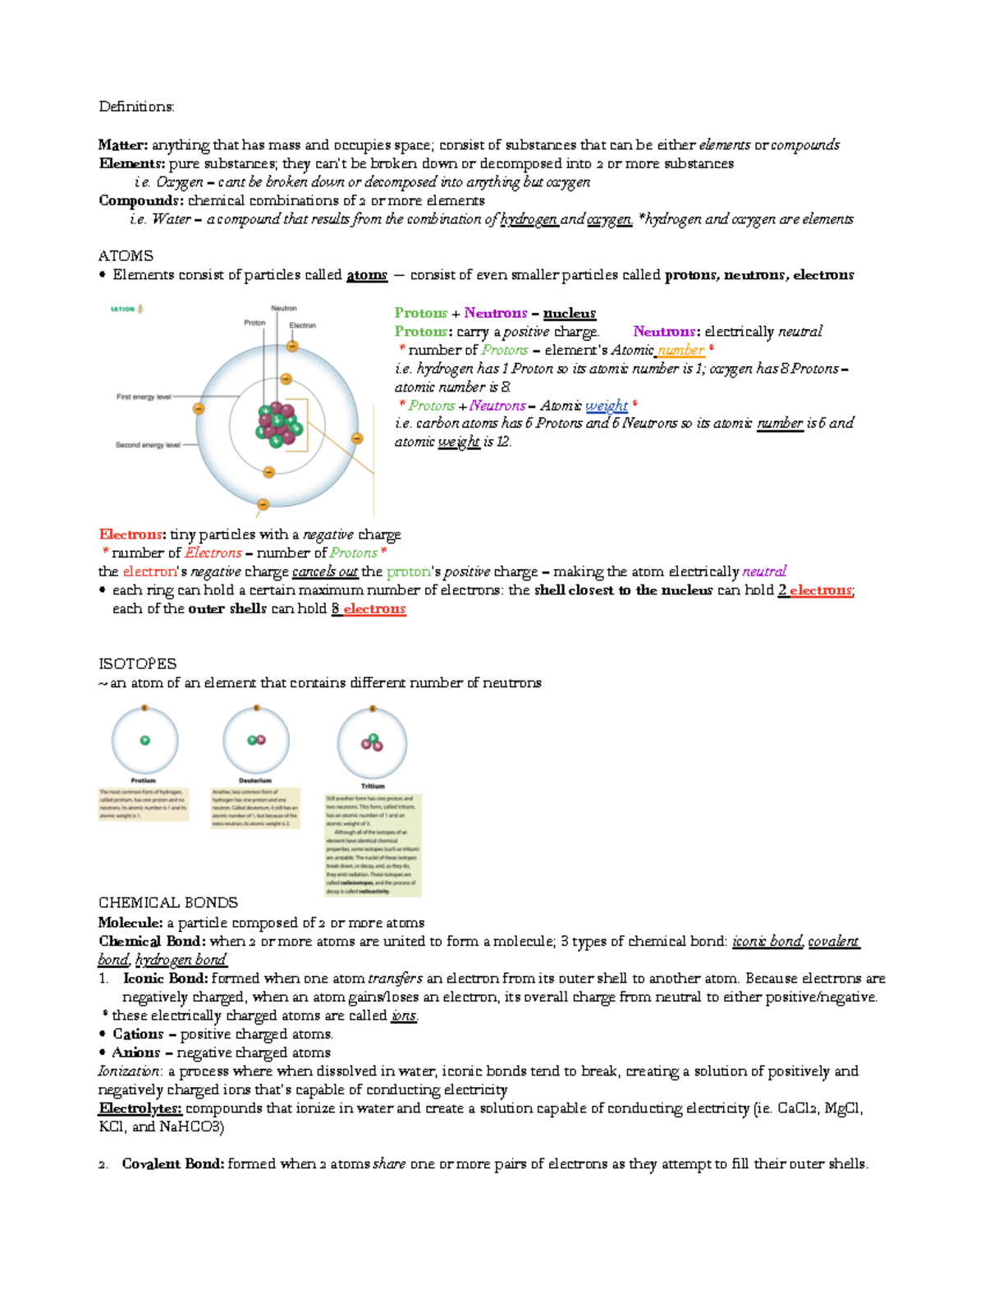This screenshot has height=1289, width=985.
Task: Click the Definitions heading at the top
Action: coord(136,107)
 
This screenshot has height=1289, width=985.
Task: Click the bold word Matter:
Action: coord(123,145)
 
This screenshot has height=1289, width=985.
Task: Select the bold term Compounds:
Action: coord(140,201)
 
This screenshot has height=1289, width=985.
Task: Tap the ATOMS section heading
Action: coord(126,256)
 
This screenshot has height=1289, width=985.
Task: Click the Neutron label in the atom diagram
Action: coord(284,309)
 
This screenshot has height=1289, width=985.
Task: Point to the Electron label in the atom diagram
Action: coord(302,326)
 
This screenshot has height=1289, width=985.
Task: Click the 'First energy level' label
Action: coord(144,397)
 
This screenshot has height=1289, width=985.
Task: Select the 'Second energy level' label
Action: coord(148,446)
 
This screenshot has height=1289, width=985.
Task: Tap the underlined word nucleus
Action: coord(569,314)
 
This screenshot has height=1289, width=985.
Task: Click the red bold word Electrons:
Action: coord(132,535)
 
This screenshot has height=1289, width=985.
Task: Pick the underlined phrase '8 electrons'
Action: coord(369,609)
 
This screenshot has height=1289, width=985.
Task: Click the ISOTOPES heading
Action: coord(137,664)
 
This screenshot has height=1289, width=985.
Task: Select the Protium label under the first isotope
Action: coord(144,781)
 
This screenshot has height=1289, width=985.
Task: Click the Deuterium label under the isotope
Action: coord(255,781)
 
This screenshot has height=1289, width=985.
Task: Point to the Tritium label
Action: coord(373,787)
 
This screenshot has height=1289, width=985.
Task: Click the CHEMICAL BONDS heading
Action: coord(168,903)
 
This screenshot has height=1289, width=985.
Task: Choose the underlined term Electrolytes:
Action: coord(140,1109)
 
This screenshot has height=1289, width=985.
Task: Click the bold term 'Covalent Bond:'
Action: coord(172,1164)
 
